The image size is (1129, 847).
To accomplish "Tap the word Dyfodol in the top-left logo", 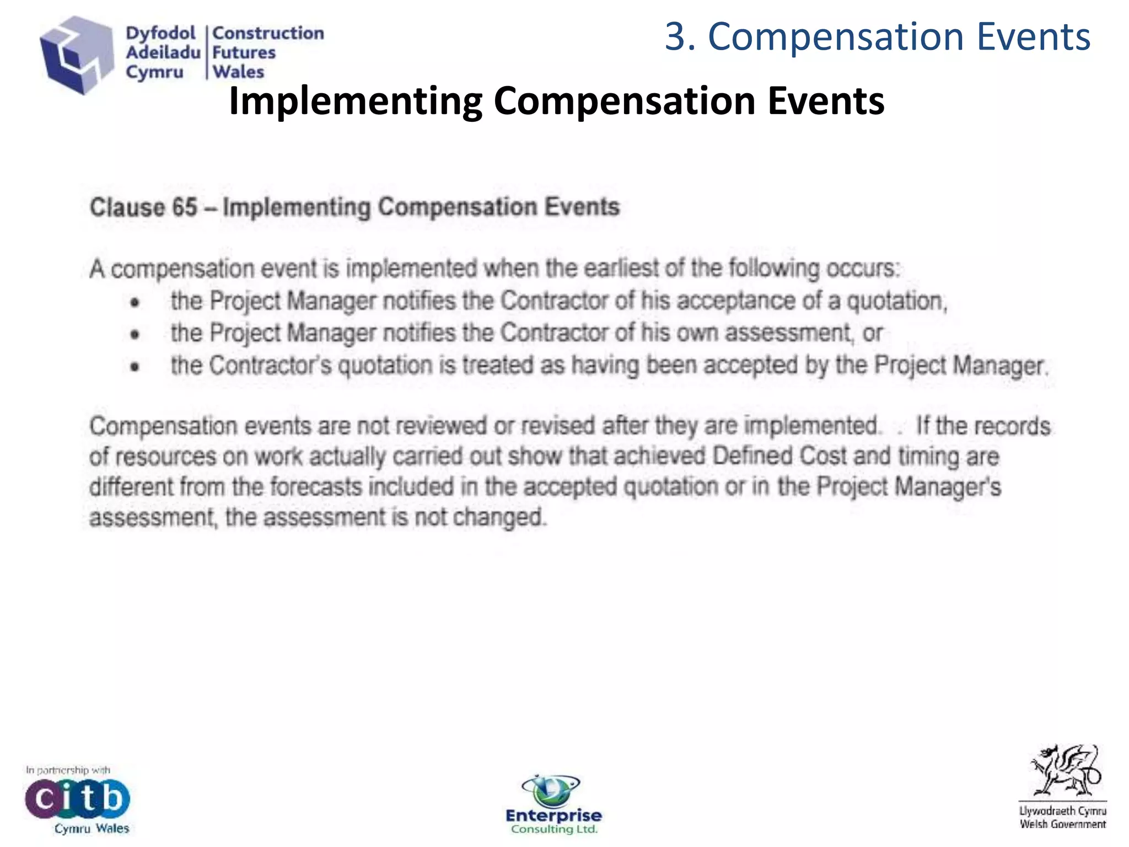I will pyautogui.click(x=160, y=33).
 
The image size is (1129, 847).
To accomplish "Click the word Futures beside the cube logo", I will pyautogui.click(x=244, y=52).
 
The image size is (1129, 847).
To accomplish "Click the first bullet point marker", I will pyautogui.click(x=135, y=302).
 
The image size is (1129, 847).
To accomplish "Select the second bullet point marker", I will pyautogui.click(x=135, y=334).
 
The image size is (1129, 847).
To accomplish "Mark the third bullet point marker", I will pyautogui.click(x=135, y=366).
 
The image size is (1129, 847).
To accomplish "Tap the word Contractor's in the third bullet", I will pyautogui.click(x=271, y=366).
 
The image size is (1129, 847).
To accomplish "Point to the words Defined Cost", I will pyautogui.click(x=779, y=457).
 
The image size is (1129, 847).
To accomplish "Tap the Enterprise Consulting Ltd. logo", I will pyautogui.click(x=553, y=805).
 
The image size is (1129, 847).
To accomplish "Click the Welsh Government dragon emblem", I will pyautogui.click(x=1064, y=772).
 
